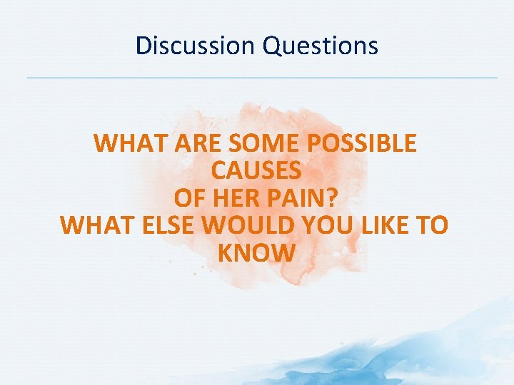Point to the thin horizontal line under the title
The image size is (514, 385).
pos(261,77)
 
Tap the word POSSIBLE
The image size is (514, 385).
pos(361,144)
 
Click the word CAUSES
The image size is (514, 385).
pos(256,171)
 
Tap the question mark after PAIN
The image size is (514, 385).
pos(333,198)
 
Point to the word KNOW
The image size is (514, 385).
pos(256,252)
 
